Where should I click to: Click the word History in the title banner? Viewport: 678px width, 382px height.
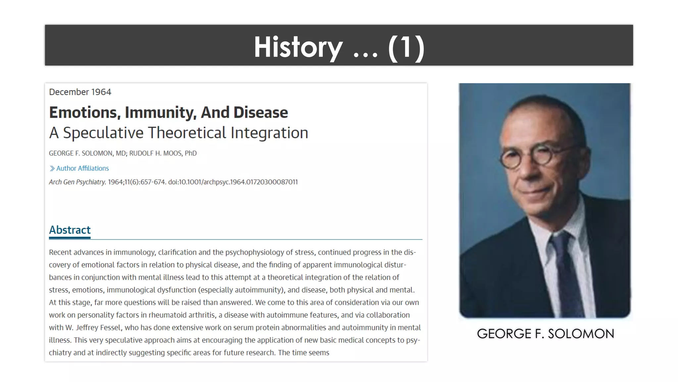click(298, 47)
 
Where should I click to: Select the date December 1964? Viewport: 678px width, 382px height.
click(80, 92)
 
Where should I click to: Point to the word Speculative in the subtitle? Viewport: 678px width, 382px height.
click(103, 133)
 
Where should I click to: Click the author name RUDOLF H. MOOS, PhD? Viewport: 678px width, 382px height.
click(163, 153)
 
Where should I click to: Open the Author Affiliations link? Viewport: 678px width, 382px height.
click(82, 168)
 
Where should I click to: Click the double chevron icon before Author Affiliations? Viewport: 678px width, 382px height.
click(52, 168)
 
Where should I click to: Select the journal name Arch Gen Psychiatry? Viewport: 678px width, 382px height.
click(77, 182)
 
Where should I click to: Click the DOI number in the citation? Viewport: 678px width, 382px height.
click(233, 182)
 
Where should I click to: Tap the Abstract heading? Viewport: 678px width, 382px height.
click(70, 230)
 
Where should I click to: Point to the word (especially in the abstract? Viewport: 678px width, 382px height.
click(216, 290)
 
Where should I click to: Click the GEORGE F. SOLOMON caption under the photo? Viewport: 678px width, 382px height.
click(545, 334)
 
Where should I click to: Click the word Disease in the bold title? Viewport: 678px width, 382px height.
click(261, 112)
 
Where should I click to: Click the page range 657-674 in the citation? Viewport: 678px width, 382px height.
click(153, 182)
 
